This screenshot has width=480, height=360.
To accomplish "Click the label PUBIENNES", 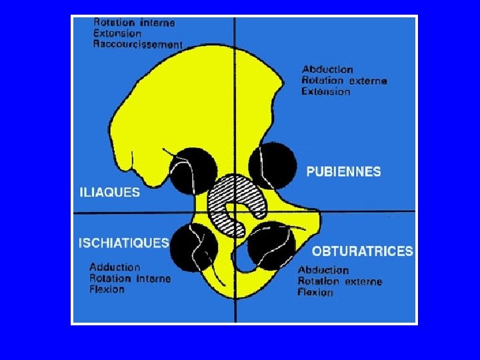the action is [x=343, y=171].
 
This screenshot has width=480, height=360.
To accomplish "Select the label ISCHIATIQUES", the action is [x=123, y=243].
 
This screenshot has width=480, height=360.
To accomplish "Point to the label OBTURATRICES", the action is [x=362, y=251].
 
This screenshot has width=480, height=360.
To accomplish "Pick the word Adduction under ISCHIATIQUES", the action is [x=115, y=267].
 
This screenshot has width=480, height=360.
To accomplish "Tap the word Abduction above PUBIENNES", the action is [x=327, y=69].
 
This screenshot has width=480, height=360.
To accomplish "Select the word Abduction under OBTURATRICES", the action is [x=323, y=270].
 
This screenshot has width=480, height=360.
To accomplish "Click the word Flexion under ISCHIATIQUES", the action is [x=107, y=289].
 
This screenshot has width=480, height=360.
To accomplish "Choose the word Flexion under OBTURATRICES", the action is [x=315, y=292].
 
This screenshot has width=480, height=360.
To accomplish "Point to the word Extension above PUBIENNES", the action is [x=325, y=91].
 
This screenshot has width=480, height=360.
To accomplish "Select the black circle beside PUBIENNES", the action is [x=273, y=167].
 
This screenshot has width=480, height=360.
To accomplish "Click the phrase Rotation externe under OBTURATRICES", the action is [x=340, y=281].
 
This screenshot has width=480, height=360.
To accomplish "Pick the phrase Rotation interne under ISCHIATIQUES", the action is [x=130, y=279].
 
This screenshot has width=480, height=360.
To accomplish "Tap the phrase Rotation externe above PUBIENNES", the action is [x=344, y=81].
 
